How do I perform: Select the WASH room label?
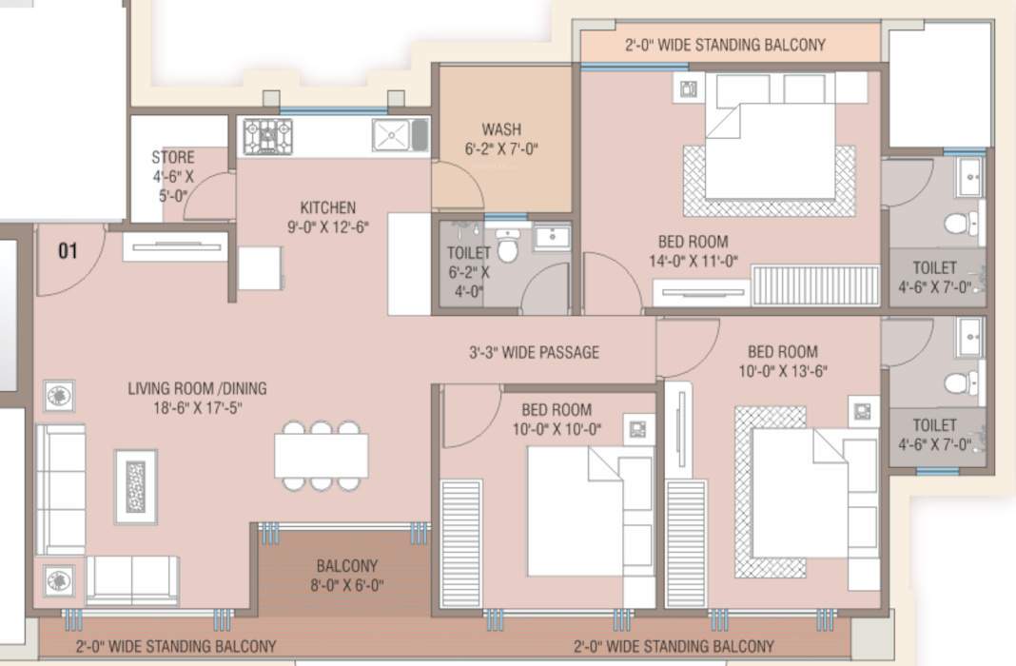[x=500, y=129]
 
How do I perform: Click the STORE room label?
[x=172, y=158]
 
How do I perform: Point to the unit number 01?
[x=68, y=251]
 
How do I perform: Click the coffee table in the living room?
[x=136, y=486]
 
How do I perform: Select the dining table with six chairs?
[x=322, y=455]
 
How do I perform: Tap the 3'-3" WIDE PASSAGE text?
[x=534, y=352]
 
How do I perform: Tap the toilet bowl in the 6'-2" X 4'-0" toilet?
[x=508, y=250]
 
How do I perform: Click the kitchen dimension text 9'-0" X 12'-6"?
[x=328, y=226]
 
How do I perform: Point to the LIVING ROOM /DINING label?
[x=197, y=388]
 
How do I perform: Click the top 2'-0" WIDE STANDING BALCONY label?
[x=725, y=45]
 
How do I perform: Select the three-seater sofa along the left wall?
[x=60, y=489]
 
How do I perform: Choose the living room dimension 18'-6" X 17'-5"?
[x=197, y=407]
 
